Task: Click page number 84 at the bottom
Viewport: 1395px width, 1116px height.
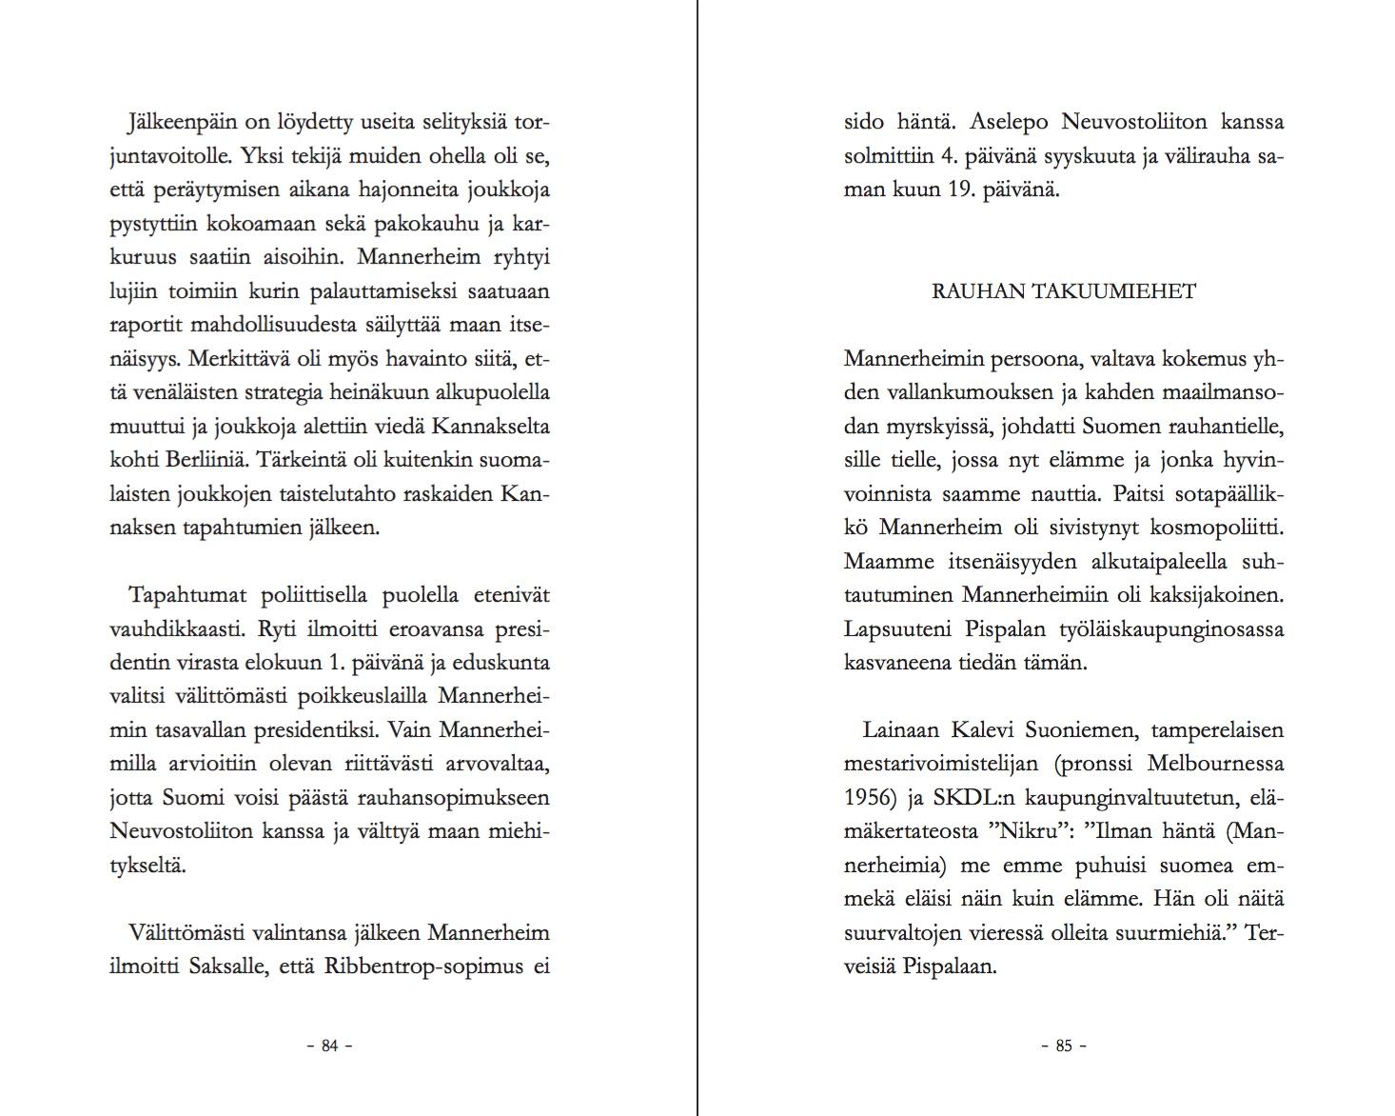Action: point(330,1046)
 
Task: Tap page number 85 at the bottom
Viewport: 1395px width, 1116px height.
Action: point(1064,1046)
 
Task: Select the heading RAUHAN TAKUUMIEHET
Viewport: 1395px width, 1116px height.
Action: point(1063,291)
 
